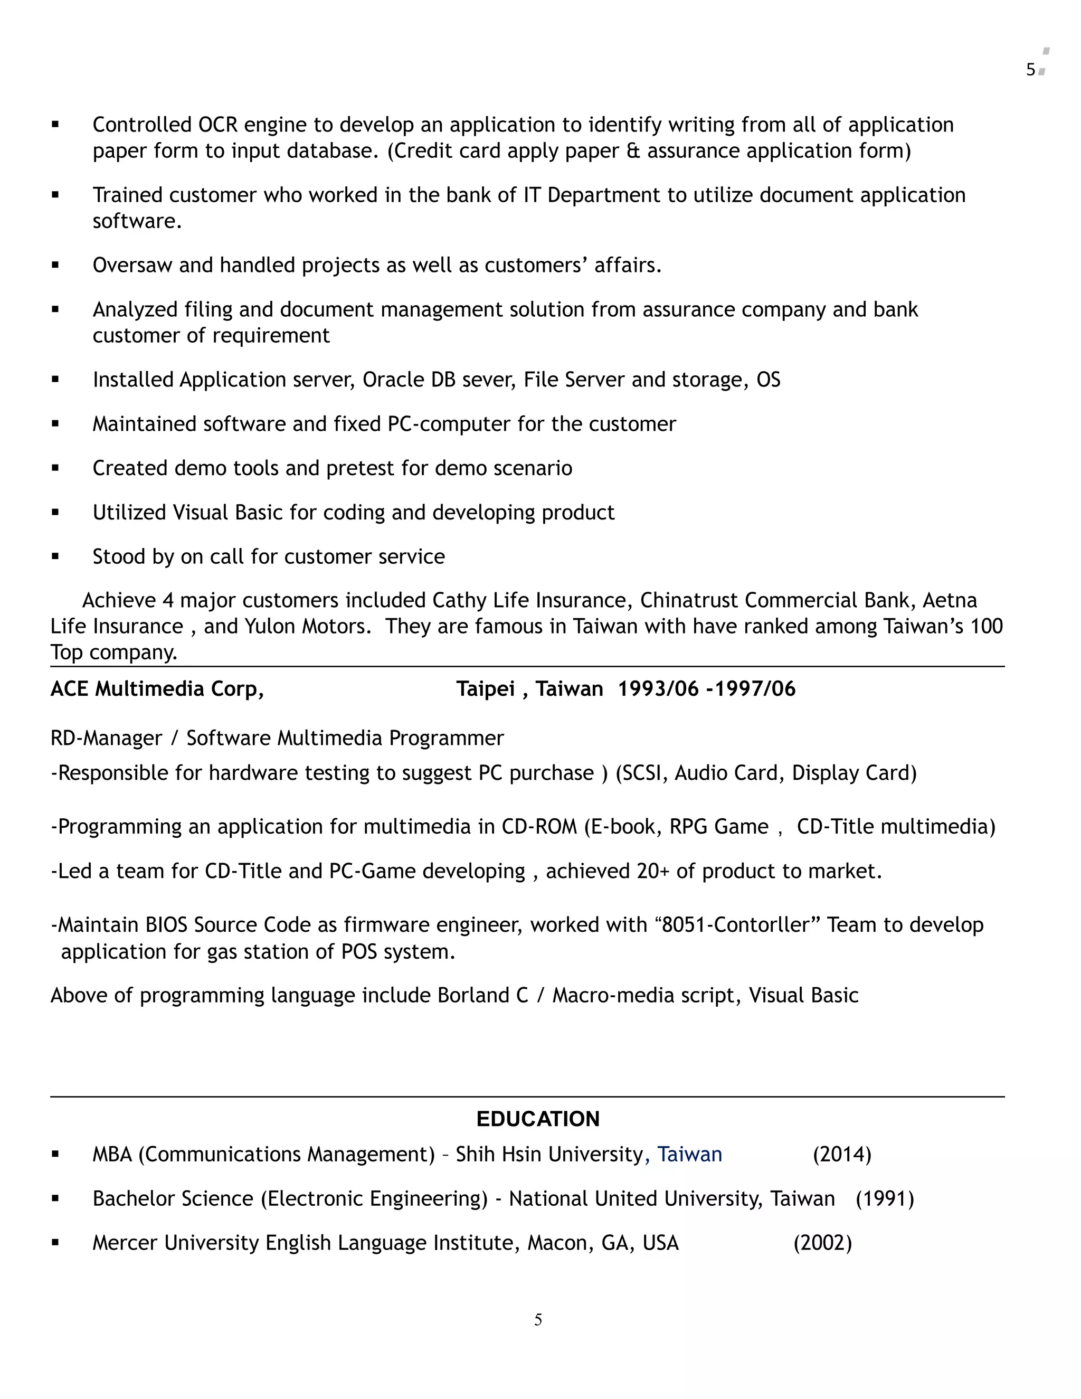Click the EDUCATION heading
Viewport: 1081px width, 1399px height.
pyautogui.click(x=537, y=1119)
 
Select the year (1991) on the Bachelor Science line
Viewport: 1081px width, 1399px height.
pyautogui.click(x=885, y=1199)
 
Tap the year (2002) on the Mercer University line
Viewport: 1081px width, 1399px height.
pyautogui.click(x=822, y=1243)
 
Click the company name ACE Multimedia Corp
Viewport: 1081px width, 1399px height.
pyautogui.click(x=157, y=689)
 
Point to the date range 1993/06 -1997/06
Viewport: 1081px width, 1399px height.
pyautogui.click(x=706, y=689)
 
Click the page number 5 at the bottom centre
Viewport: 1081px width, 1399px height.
pyautogui.click(x=538, y=1320)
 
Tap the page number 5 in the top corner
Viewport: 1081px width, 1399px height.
pyautogui.click(x=1030, y=70)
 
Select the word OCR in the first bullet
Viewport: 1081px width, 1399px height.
pyautogui.click(x=218, y=125)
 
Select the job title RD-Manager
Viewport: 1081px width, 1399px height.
pyautogui.click(x=106, y=739)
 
